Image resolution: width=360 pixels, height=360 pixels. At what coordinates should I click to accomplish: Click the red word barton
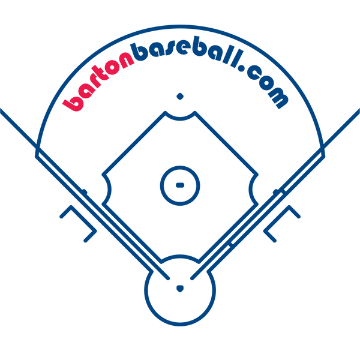(x=98, y=80)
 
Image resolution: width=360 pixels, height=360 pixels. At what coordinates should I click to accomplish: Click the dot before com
(x=242, y=68)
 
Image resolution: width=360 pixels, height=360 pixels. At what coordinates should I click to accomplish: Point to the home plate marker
(x=180, y=289)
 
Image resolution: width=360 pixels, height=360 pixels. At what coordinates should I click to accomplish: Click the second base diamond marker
(x=180, y=97)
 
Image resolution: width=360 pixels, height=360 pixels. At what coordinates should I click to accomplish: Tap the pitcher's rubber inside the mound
(x=180, y=185)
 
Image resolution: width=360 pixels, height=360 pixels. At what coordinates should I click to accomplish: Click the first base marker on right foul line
(x=276, y=191)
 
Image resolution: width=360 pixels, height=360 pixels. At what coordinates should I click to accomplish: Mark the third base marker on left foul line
(x=84, y=191)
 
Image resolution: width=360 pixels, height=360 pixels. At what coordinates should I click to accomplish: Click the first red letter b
(x=73, y=104)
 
